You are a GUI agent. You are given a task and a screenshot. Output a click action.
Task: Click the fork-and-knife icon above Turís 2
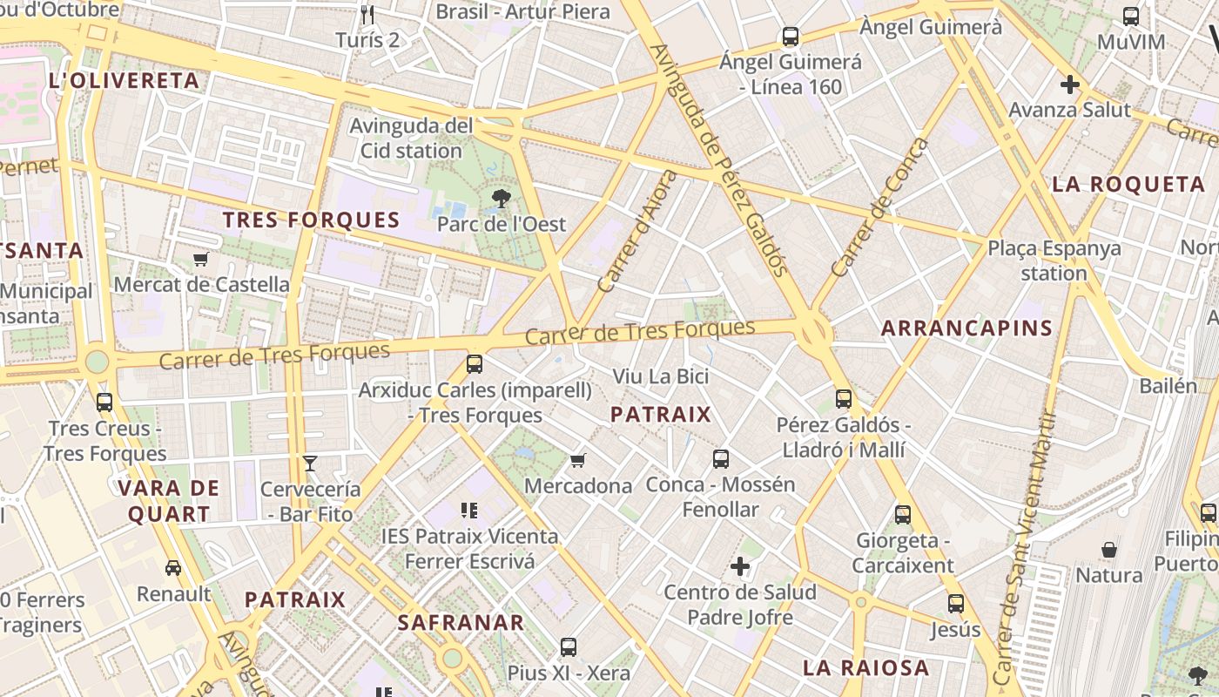(x=367, y=15)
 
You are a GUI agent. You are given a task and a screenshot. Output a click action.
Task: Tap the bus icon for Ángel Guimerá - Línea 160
(x=791, y=37)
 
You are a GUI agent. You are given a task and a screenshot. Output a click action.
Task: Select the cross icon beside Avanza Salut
(x=1070, y=85)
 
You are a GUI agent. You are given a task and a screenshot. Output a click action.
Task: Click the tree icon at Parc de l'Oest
(x=501, y=199)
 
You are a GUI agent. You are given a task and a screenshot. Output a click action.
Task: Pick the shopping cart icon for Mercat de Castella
(x=201, y=259)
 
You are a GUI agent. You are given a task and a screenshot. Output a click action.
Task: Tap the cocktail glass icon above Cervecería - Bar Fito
(x=310, y=463)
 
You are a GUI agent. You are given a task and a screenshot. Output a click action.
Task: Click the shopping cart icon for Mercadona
(x=577, y=460)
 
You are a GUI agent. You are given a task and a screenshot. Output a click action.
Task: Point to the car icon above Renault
(x=173, y=568)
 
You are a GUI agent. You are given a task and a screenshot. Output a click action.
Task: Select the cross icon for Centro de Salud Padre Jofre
(x=740, y=567)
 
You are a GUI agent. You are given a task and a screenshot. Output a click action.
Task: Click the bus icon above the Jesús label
(x=955, y=603)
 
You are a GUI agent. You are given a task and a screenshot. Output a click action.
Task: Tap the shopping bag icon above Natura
(x=1109, y=550)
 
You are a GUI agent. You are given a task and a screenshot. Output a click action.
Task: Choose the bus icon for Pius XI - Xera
(x=569, y=646)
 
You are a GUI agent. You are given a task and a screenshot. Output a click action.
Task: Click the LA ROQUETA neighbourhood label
(x=1128, y=185)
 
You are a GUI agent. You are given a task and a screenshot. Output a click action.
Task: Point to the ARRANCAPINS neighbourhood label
(x=966, y=328)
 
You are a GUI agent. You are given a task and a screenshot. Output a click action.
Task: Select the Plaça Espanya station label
(x=1054, y=261)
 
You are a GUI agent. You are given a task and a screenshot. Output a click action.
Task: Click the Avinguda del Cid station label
(x=411, y=139)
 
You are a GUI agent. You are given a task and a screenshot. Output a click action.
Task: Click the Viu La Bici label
(x=660, y=376)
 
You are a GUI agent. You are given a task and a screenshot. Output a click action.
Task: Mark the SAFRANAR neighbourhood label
(x=461, y=623)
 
